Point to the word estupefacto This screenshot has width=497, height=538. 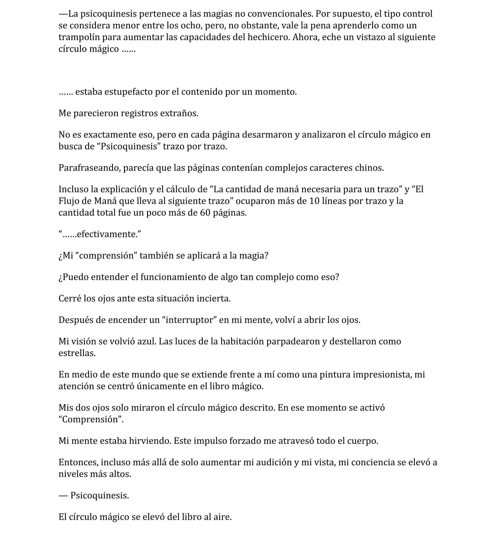(x=129, y=92)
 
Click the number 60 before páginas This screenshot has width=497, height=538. (x=205, y=213)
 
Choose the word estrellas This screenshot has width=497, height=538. (x=77, y=353)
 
